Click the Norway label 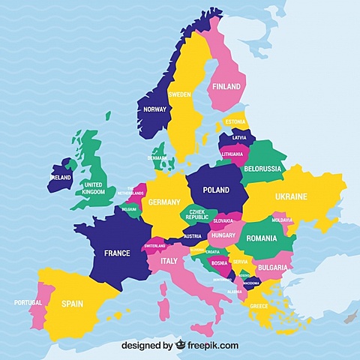(154, 109)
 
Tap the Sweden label (179, 94)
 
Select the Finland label (226, 86)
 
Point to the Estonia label (235, 121)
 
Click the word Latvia (239, 138)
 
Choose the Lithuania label (232, 154)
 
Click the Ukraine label (291, 196)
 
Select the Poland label (216, 190)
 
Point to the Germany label (164, 202)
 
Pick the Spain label (72, 304)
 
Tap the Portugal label (28, 303)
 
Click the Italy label (168, 260)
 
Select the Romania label (262, 238)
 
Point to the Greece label (259, 306)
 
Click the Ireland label (61, 178)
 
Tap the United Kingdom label (94, 188)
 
